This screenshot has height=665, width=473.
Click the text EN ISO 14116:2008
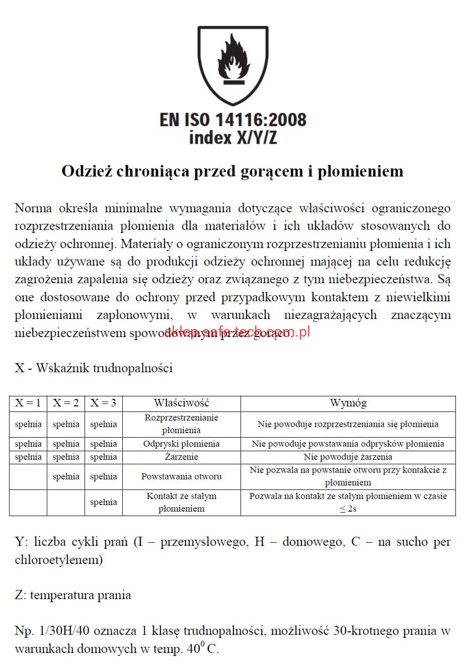click(232, 120)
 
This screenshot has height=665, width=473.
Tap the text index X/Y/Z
click(232, 137)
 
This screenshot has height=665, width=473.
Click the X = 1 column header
click(28, 403)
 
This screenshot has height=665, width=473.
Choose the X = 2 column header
click(66, 403)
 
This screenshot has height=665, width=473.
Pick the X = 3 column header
click(103, 403)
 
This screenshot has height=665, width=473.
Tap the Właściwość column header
click(181, 403)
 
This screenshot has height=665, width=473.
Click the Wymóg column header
click(348, 403)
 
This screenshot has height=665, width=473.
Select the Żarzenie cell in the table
click(181, 457)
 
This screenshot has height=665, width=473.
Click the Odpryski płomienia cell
click(181, 444)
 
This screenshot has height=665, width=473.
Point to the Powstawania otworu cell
click(181, 476)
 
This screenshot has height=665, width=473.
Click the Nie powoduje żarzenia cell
click(348, 457)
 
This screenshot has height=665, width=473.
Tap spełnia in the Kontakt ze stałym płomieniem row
click(103, 502)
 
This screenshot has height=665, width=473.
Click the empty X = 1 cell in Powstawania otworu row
click(28, 476)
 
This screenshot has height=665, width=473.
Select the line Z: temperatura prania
click(73, 595)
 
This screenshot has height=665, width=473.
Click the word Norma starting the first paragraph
click(33, 208)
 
